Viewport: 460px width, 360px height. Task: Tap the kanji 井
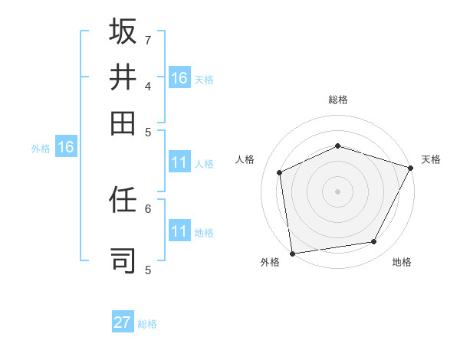pyautogui.click(x=123, y=77)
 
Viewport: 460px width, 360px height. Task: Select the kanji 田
pyautogui.click(x=123, y=123)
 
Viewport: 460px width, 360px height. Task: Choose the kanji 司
pyautogui.click(x=123, y=260)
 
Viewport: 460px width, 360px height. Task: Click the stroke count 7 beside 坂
pyautogui.click(x=147, y=39)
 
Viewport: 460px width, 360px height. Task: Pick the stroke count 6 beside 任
pyautogui.click(x=147, y=208)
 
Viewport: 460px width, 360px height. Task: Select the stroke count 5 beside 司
pyautogui.click(x=147, y=269)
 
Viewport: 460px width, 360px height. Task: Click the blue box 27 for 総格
pyautogui.click(x=122, y=322)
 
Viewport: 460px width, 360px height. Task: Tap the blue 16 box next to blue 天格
pyautogui.click(x=179, y=78)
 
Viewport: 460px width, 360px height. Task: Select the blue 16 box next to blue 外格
pyautogui.click(x=66, y=147)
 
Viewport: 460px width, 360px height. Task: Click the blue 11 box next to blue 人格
pyautogui.click(x=179, y=162)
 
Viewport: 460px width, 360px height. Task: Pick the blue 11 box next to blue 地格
pyautogui.click(x=179, y=231)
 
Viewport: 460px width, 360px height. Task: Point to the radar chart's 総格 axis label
pyautogui.click(x=337, y=100)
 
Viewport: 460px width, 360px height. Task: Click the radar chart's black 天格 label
pyautogui.click(x=431, y=159)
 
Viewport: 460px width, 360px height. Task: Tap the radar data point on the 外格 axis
pyautogui.click(x=292, y=253)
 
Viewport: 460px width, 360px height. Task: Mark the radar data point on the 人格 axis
pyautogui.click(x=280, y=172)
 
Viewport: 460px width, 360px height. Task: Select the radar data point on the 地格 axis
pyautogui.click(x=374, y=241)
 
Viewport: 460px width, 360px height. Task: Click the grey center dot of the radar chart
pyautogui.click(x=337, y=191)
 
